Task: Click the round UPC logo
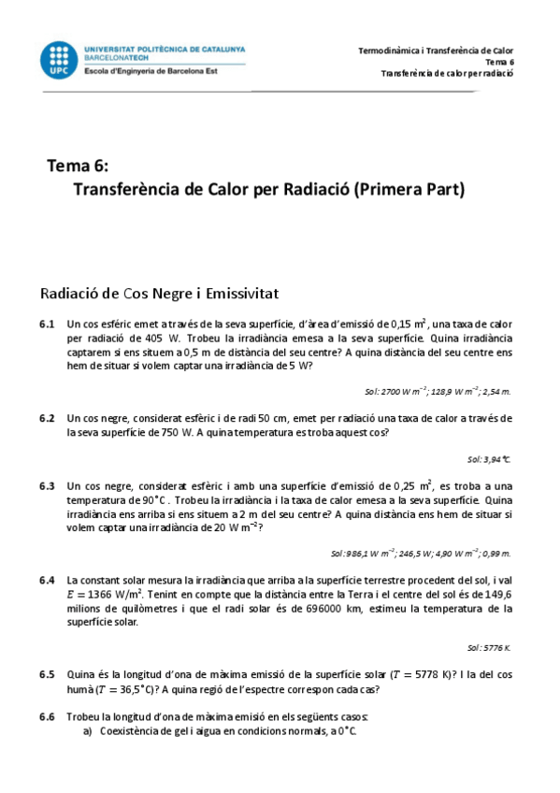59,59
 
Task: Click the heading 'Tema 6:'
78,166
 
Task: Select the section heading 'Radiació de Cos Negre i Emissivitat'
159,293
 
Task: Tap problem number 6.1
48,324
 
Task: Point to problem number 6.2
48,418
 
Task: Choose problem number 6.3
48,486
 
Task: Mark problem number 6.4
48,580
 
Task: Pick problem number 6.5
48,673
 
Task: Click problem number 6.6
48,716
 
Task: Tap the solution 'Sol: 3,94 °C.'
489,459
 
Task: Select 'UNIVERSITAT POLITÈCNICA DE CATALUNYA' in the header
165,48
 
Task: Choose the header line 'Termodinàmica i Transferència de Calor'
437,50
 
